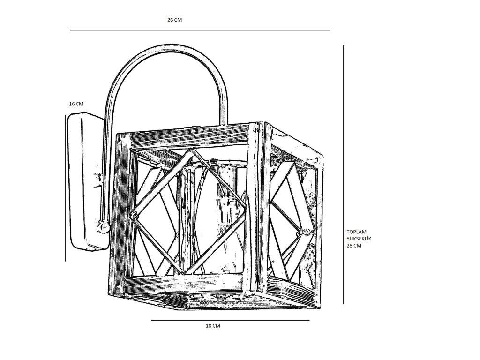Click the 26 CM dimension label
click(174, 20)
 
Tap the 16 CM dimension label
click(76, 104)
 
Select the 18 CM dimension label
click(213, 326)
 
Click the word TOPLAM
click(356, 232)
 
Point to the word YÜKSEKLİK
click(359, 239)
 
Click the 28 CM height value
click(354, 246)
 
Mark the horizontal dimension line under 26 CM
click(200, 30)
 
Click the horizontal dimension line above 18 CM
click(230, 320)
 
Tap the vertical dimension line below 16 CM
click(65, 187)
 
